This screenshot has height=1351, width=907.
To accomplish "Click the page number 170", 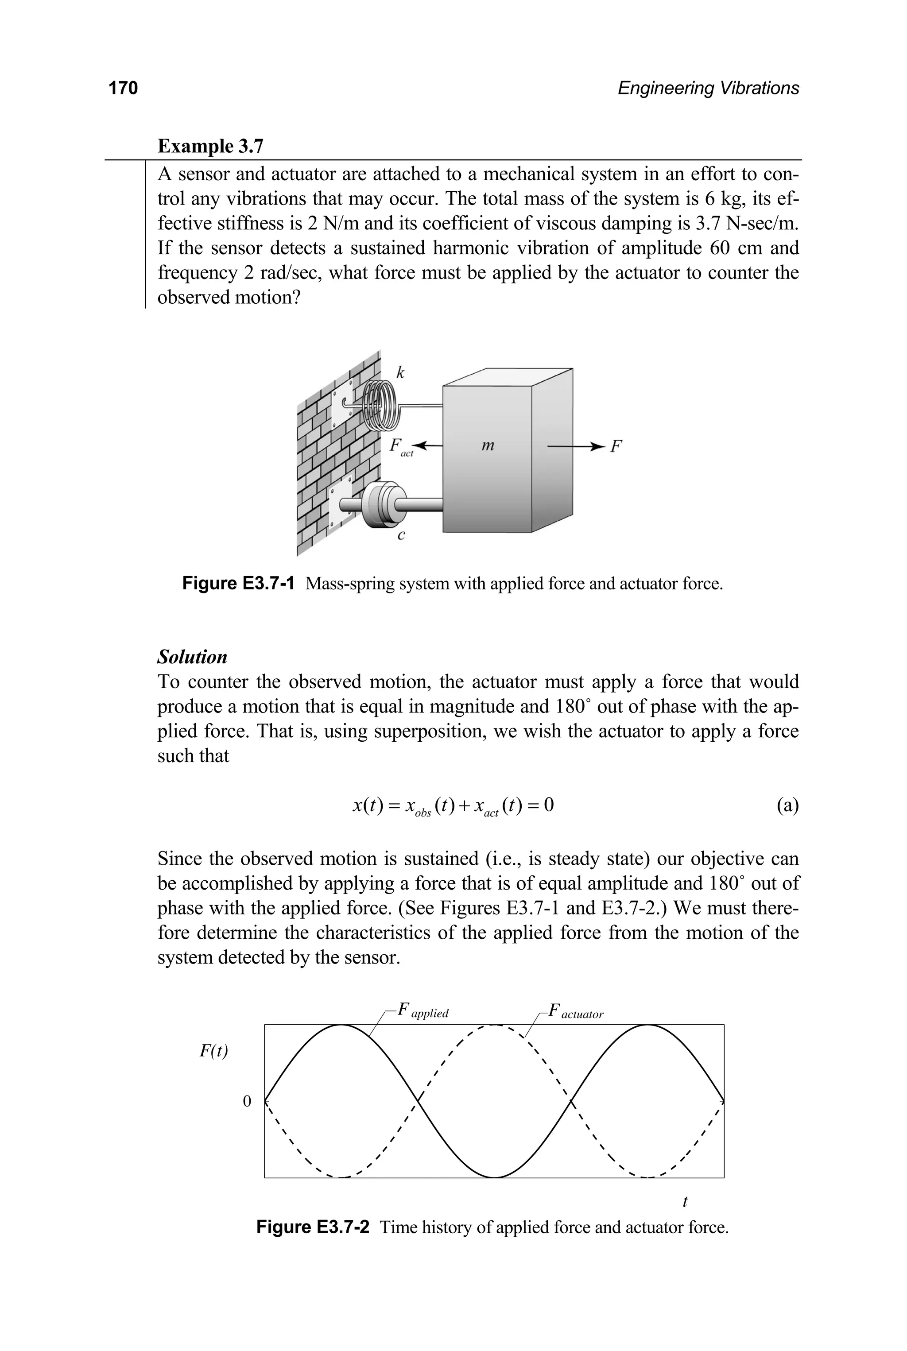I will (123, 88).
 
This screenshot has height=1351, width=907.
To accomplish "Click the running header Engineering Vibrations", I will (708, 88).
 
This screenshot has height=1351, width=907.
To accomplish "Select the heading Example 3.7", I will (210, 146).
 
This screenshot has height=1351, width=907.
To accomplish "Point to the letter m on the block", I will (488, 445).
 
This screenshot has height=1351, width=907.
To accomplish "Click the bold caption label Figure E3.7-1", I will (238, 584).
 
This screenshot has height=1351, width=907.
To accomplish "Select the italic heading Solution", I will (192, 657).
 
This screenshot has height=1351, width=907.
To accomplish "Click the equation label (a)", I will (787, 805).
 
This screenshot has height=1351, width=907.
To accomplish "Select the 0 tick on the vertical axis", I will (247, 1100).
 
